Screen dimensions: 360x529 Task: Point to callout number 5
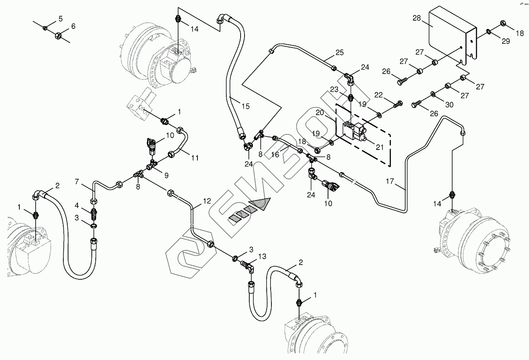(60, 19)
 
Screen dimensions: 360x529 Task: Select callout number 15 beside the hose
(246, 106)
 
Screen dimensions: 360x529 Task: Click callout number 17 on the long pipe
(391, 181)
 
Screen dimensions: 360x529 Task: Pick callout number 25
(339, 52)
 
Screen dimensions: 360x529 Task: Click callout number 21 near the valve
(380, 147)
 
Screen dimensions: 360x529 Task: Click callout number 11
(194, 158)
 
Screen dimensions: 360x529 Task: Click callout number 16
(275, 155)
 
